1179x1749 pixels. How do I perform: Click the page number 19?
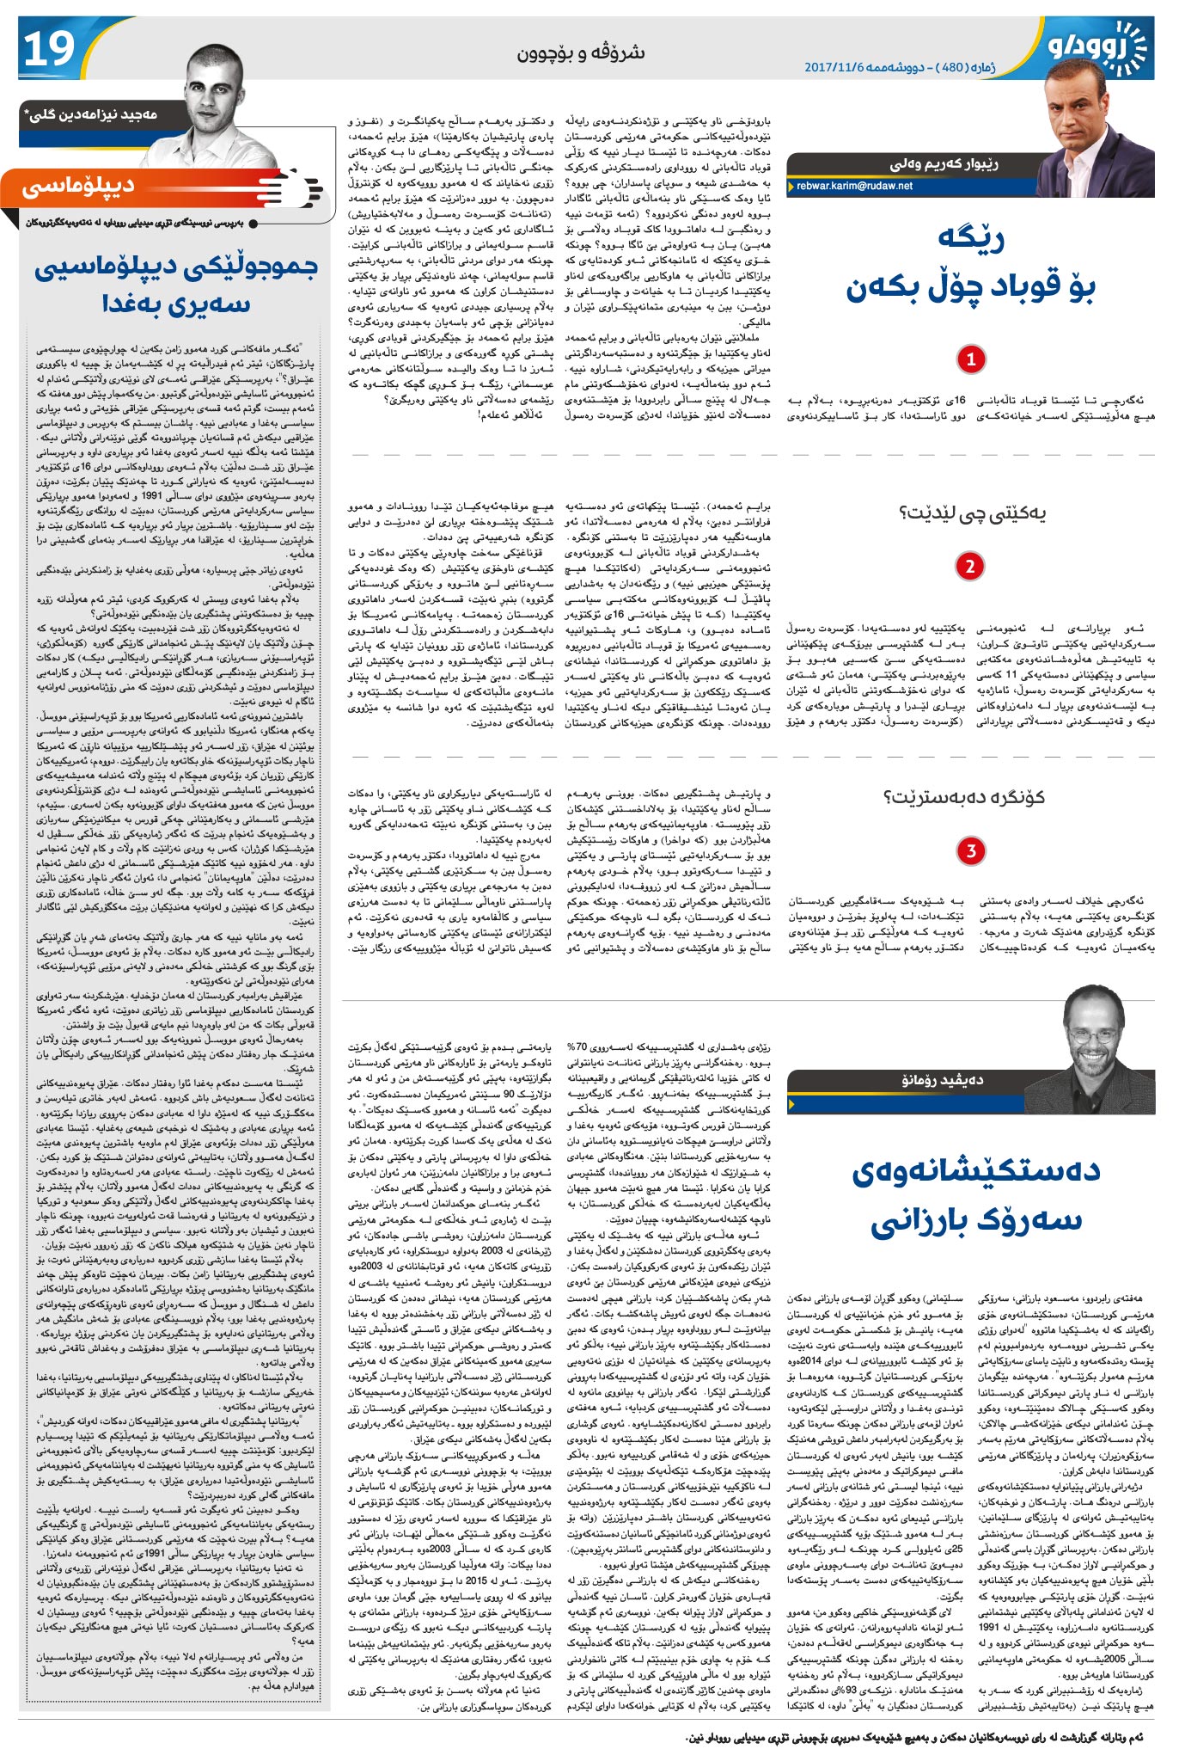tap(50, 49)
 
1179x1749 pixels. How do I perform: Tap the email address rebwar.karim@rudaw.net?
tap(854, 186)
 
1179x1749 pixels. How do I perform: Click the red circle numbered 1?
tap(970, 359)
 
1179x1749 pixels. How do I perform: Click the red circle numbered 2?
tap(970, 566)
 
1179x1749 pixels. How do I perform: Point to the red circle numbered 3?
tap(970, 850)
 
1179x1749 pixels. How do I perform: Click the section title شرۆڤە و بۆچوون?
tap(580, 52)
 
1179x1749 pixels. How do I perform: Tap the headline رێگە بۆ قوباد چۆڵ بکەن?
tap(971, 263)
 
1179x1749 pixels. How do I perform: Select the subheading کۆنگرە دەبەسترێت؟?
tap(964, 797)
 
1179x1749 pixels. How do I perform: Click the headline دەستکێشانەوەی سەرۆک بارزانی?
tap(975, 1195)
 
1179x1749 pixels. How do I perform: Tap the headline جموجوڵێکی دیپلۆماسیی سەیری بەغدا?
tap(176, 285)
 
